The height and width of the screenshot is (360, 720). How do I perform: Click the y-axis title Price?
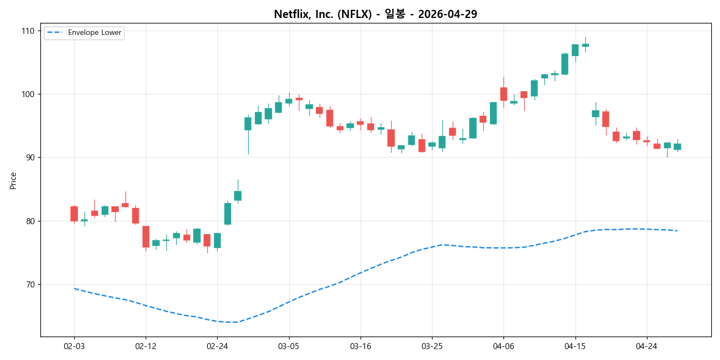[13, 181]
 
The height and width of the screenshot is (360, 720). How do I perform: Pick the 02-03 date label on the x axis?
[74, 346]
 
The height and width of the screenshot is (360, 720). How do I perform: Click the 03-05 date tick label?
[289, 346]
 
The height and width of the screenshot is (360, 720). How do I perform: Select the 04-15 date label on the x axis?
[575, 346]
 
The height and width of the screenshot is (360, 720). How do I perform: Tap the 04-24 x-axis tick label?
[646, 346]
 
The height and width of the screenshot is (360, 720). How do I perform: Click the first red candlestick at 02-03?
[74, 213]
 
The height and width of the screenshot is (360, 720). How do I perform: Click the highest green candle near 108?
[585, 45]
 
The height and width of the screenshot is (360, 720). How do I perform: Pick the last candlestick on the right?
[677, 147]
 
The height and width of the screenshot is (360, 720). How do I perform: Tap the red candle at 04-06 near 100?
[503, 94]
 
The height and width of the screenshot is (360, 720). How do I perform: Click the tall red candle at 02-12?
[146, 237]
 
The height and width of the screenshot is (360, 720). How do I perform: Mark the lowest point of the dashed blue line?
[235, 322]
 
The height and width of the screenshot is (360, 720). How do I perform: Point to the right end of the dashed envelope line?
[677, 231]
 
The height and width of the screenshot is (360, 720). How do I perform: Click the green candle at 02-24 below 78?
[217, 241]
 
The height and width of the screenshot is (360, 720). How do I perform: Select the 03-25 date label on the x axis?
[432, 346]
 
